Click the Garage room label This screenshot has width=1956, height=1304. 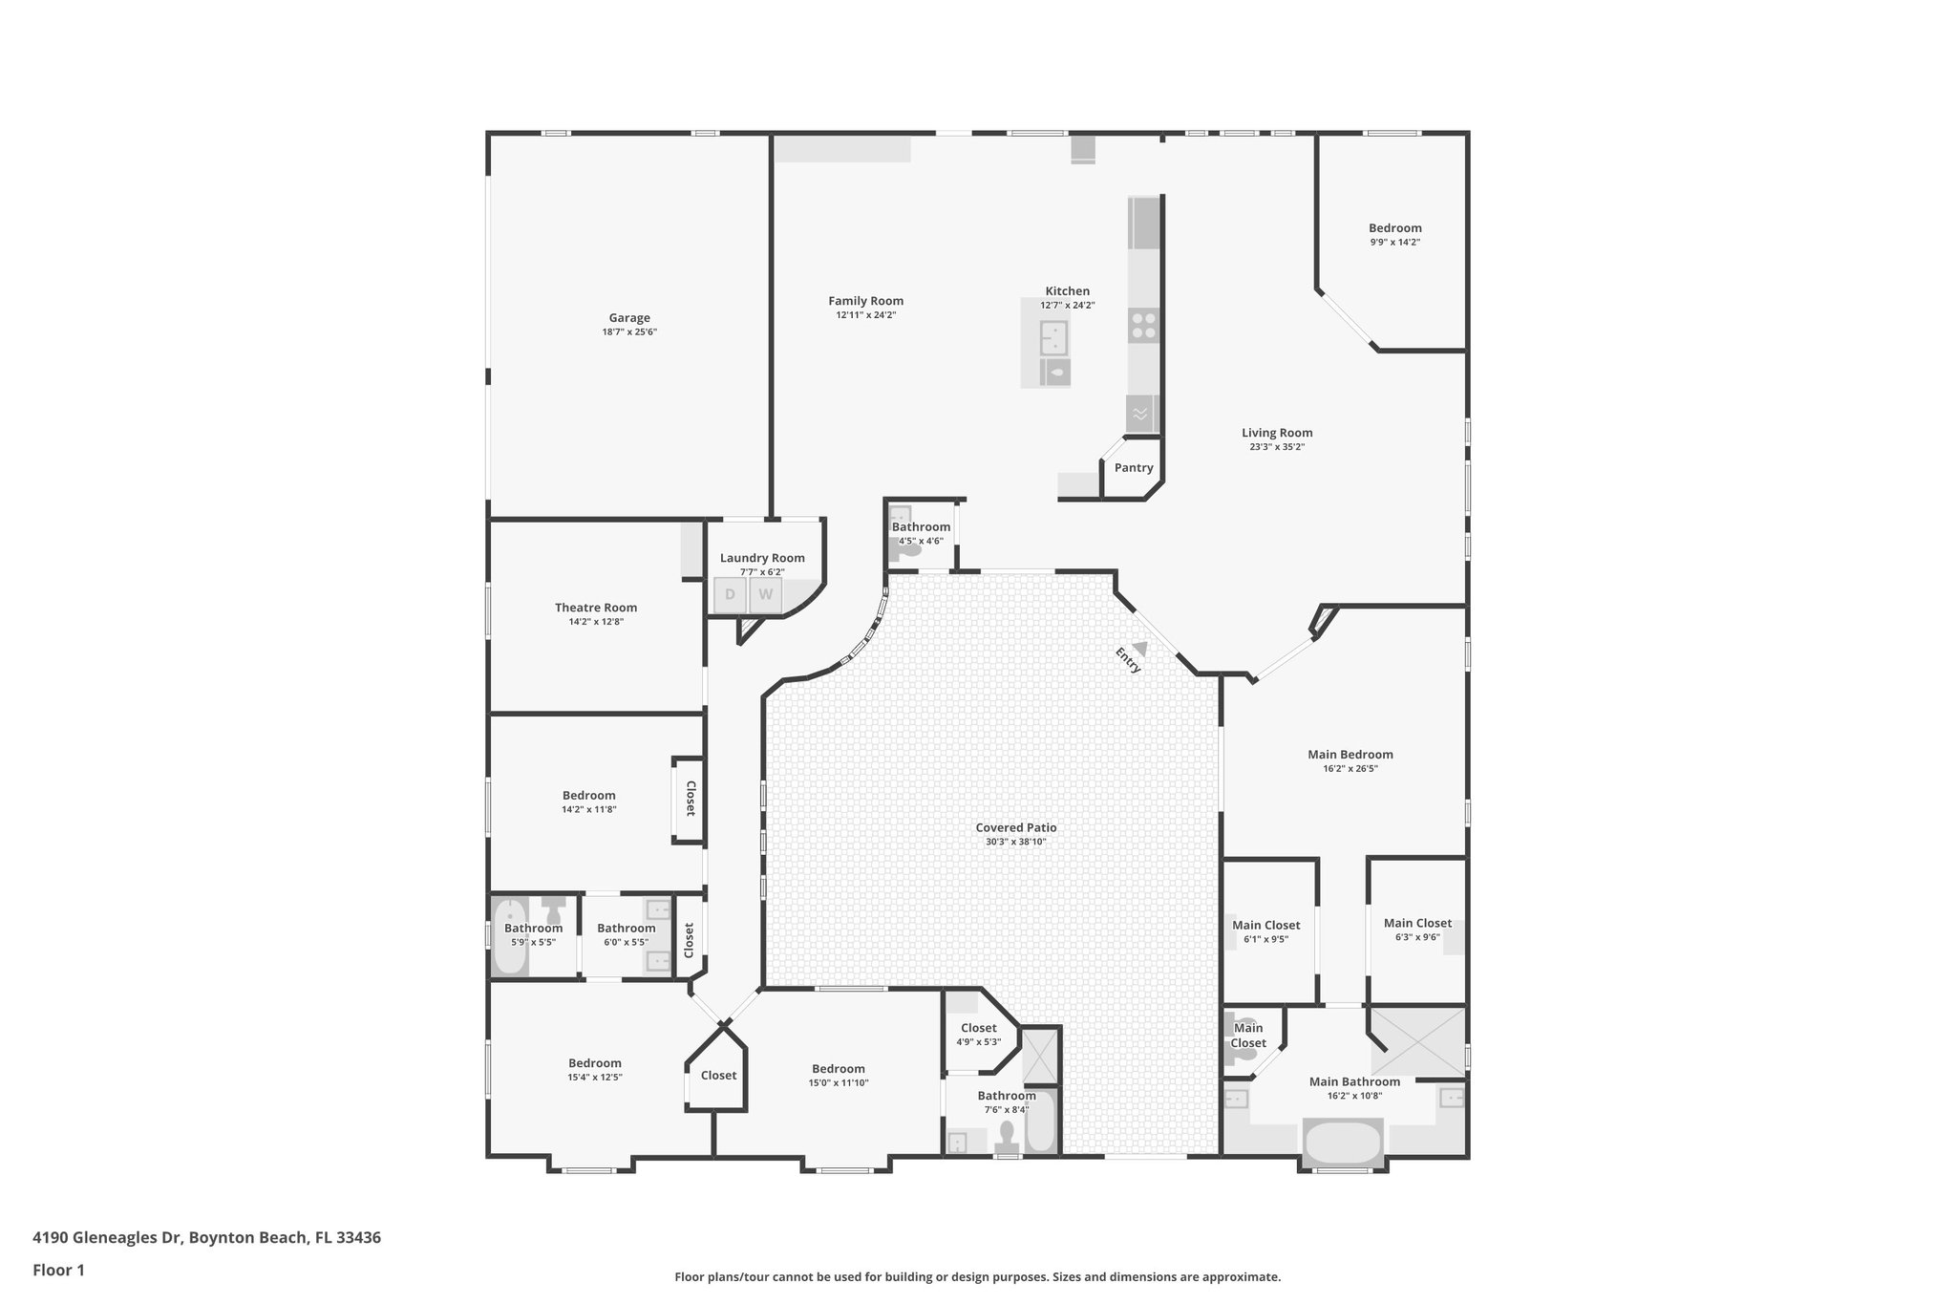[629, 318]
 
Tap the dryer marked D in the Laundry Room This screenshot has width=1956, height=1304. [731, 595]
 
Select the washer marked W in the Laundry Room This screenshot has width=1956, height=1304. [765, 595]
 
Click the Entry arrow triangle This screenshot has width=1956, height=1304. [1139, 648]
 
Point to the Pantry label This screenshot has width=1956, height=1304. [1134, 468]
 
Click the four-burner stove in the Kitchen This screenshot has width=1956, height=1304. [1142, 326]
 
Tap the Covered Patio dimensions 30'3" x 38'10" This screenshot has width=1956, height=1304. [1016, 843]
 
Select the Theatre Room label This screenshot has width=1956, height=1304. [596, 608]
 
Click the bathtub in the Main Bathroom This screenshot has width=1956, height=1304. [1342, 1143]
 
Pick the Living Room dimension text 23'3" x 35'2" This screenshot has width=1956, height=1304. [1277, 447]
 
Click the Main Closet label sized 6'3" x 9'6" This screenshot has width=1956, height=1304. [1417, 923]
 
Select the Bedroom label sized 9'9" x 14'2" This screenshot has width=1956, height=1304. [1394, 228]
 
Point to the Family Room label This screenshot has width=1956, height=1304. [865, 301]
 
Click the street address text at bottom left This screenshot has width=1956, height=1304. [206, 1237]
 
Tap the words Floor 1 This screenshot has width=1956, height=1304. [58, 1270]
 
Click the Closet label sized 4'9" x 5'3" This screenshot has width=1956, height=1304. [979, 1028]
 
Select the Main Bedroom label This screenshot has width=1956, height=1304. [1350, 755]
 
